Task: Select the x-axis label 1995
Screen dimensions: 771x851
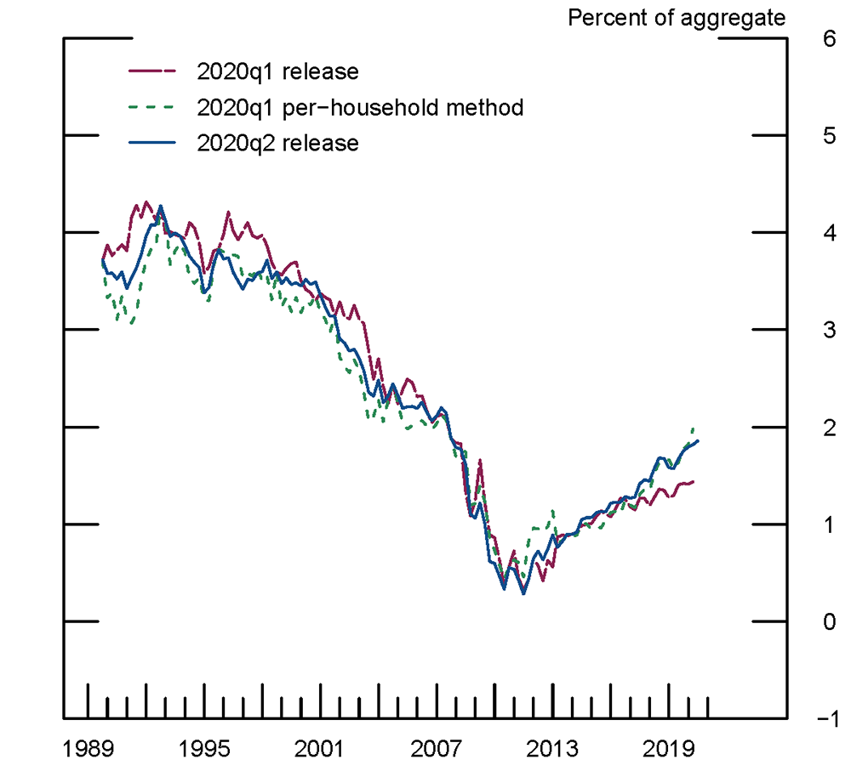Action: (x=204, y=749)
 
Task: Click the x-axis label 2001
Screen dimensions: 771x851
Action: (x=320, y=749)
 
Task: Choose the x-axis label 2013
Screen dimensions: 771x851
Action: (x=552, y=749)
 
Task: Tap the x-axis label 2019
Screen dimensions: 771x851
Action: (x=668, y=749)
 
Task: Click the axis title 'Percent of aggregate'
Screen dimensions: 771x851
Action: (x=677, y=17)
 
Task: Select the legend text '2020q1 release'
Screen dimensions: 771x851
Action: (x=277, y=71)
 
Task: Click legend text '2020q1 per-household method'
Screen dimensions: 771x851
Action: (x=359, y=108)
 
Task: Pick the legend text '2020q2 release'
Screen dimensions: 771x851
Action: (x=277, y=144)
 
